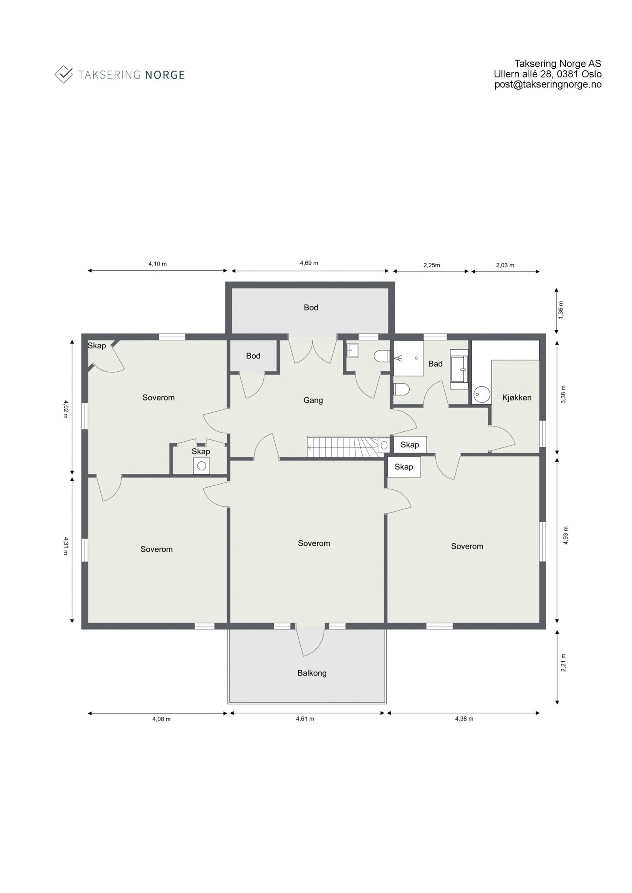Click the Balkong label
[x=312, y=673]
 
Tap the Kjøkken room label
[x=516, y=397]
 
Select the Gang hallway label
[x=313, y=400]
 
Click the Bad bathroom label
[x=435, y=363]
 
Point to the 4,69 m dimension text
[x=309, y=263]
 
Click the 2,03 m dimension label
[x=505, y=265]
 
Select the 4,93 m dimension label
[x=565, y=535]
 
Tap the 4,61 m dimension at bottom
[x=305, y=719]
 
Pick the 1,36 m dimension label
[x=562, y=309]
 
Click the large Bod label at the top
[x=310, y=307]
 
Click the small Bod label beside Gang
[x=253, y=356]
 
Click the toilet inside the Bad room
[x=402, y=390]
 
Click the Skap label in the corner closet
[x=96, y=346]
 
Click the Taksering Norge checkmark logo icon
[x=63, y=74]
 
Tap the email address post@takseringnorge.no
[x=547, y=84]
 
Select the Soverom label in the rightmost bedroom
[x=466, y=546]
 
